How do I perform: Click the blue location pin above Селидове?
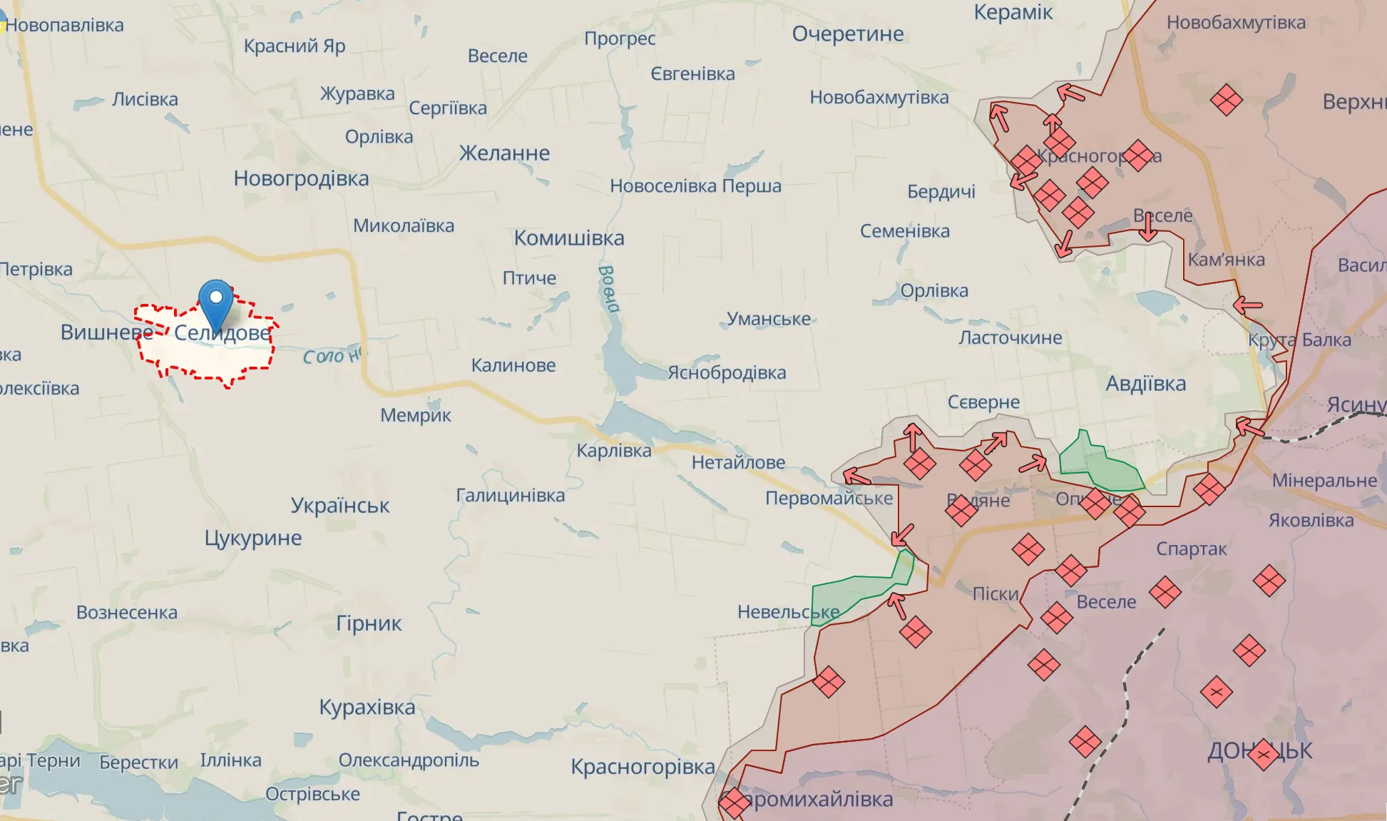(x=215, y=302)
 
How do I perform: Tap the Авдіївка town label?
(x=1145, y=384)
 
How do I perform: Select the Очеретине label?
(x=847, y=34)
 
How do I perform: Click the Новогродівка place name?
(x=301, y=178)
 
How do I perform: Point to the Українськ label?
(x=339, y=506)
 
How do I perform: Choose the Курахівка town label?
(x=367, y=707)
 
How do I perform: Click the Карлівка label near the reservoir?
(x=613, y=451)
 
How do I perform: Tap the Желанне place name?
(x=504, y=153)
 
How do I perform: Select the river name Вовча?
(x=608, y=289)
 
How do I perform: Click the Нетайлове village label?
(x=738, y=463)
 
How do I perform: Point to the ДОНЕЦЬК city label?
(x=1259, y=750)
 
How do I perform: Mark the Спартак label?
(x=1191, y=549)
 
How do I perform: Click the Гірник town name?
(x=369, y=623)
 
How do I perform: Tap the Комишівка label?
(x=569, y=238)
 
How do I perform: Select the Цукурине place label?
(x=253, y=538)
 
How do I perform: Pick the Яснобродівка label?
(x=726, y=372)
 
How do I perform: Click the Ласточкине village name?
(x=1010, y=337)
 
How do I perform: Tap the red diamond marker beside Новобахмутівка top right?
(x=1226, y=99)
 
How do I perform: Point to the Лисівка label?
(x=145, y=99)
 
